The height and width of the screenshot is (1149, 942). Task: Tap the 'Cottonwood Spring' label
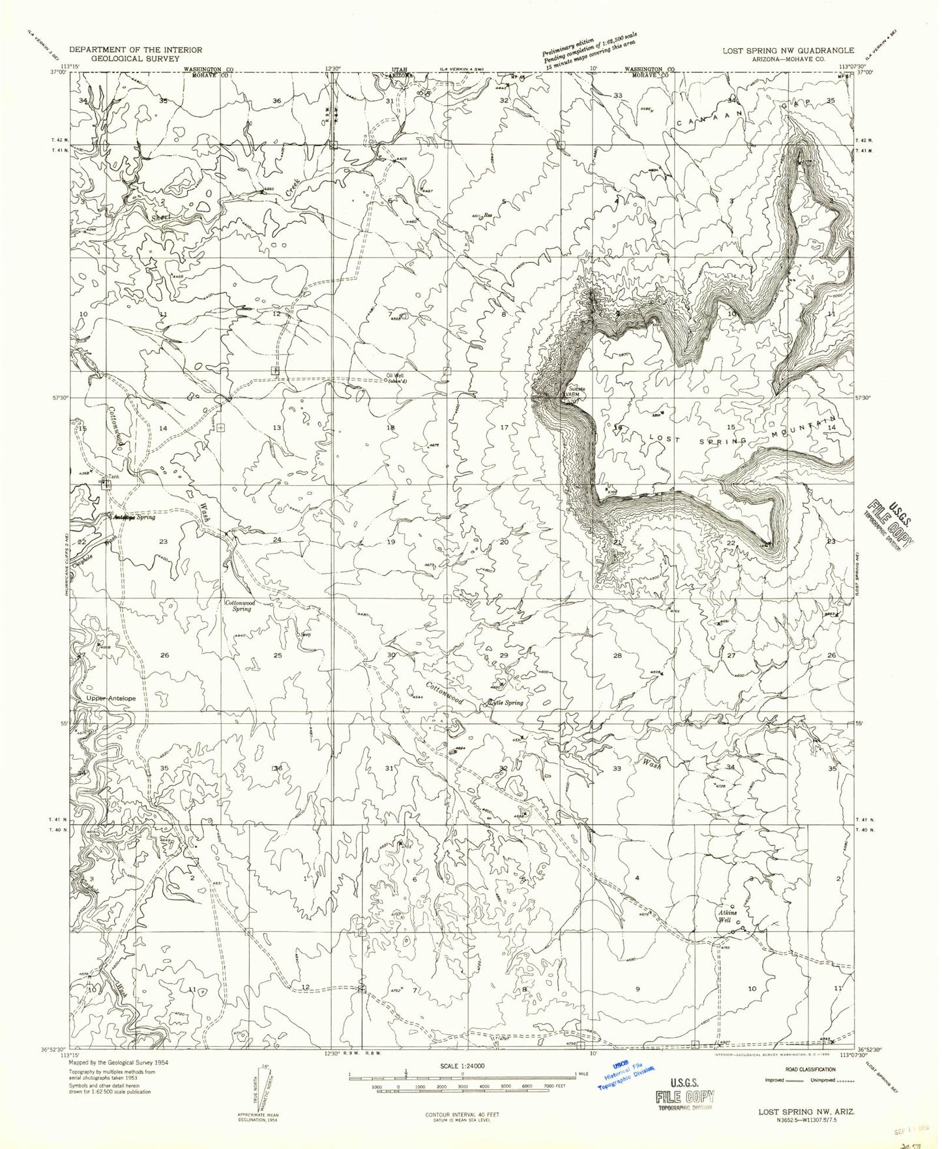239,606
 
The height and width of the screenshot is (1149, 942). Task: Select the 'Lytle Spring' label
506,703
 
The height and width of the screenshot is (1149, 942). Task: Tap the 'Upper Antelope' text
111,698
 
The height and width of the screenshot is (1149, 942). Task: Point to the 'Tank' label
114,477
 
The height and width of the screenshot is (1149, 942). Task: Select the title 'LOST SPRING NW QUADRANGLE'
787,50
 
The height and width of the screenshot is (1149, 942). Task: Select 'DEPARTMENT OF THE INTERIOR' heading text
135,50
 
